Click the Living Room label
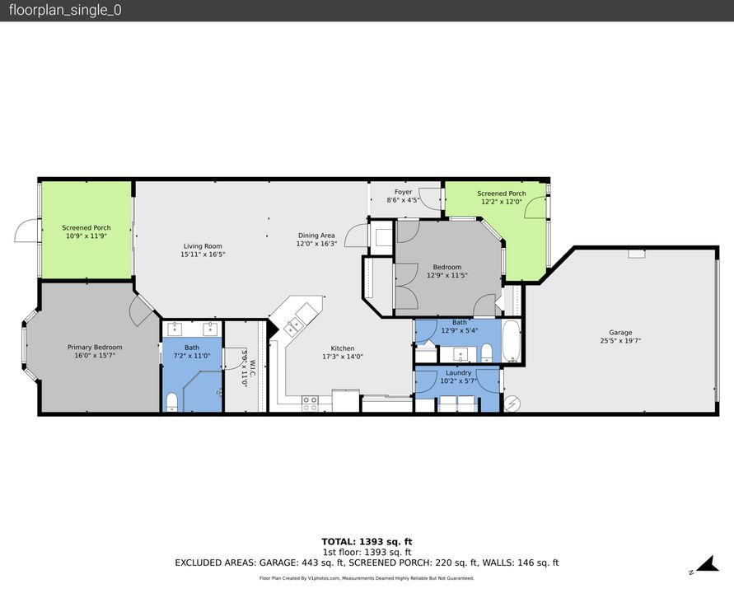(202, 246)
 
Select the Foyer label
(403, 192)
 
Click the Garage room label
(620, 333)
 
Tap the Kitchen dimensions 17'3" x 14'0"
(343, 357)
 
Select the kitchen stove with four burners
(311, 403)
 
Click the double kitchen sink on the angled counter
(292, 326)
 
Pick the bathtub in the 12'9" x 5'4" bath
(512, 343)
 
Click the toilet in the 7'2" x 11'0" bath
(172, 401)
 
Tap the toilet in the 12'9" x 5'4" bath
(486, 353)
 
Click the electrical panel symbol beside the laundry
(511, 404)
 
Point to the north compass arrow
(706, 565)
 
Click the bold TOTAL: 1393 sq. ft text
(367, 541)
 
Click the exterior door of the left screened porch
(26, 230)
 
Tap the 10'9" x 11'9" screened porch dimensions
(86, 236)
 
